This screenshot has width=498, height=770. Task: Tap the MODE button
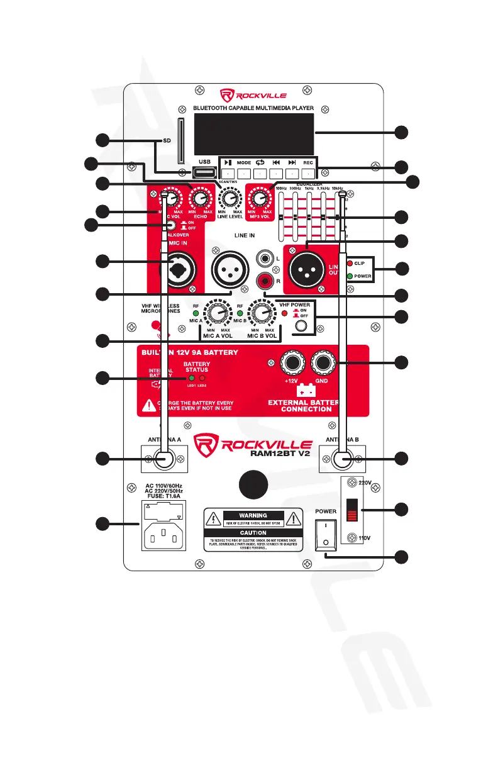(x=244, y=173)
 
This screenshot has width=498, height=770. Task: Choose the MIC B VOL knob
(x=260, y=313)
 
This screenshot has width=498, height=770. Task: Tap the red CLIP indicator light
(x=350, y=262)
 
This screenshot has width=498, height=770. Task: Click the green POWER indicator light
(x=350, y=276)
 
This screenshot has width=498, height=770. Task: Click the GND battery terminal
(x=324, y=362)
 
